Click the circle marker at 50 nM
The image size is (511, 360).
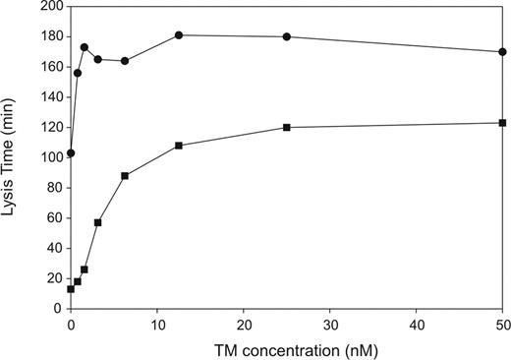click(503, 52)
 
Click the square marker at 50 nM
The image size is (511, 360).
click(503, 123)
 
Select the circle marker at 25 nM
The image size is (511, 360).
click(287, 36)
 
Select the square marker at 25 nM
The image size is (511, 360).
click(287, 128)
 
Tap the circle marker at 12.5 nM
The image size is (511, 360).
click(179, 35)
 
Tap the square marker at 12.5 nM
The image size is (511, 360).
click(179, 146)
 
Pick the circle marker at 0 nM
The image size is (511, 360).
click(71, 153)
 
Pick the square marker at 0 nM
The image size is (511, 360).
click(71, 289)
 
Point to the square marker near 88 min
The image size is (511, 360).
click(125, 176)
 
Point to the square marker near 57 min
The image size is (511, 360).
click(97, 222)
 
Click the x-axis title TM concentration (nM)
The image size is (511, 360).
click(286, 349)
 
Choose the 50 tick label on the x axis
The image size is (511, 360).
click(502, 323)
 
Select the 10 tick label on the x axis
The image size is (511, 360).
click(157, 323)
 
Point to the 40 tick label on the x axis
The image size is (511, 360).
click(417, 323)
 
